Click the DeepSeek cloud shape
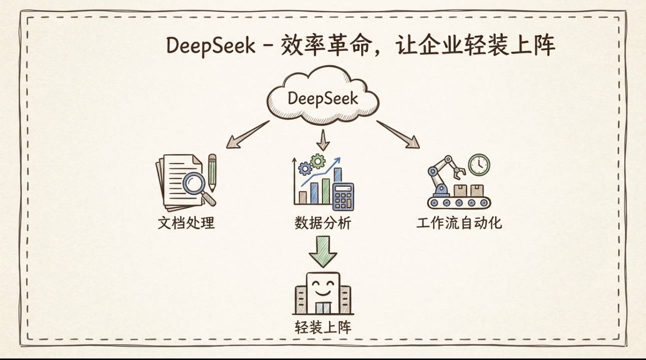click(323, 98)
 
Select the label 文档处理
click(186, 222)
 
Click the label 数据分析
click(323, 223)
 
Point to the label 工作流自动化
click(459, 222)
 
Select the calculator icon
click(344, 196)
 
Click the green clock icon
click(479, 165)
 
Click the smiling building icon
click(323, 293)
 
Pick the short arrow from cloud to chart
click(323, 140)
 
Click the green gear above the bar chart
click(317, 161)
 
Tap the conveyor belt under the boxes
click(459, 202)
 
